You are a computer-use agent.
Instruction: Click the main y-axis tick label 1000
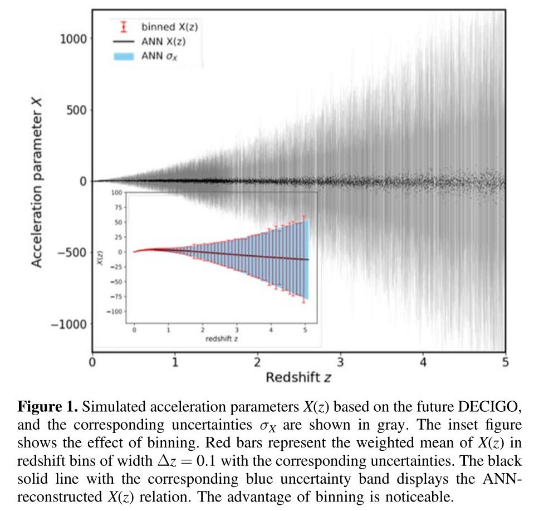click(72, 38)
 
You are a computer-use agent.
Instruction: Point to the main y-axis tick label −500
click(71, 252)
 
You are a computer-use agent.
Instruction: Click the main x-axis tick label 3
click(340, 362)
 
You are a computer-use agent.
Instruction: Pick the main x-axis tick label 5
click(505, 362)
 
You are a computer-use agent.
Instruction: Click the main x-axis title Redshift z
click(298, 378)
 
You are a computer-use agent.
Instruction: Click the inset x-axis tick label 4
click(271, 329)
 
